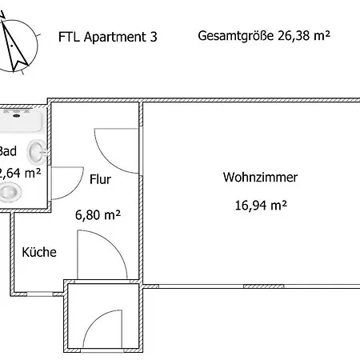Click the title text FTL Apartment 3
click(108, 37)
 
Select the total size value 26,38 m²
click(304, 35)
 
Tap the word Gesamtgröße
click(236, 36)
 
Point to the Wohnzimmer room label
click(260, 178)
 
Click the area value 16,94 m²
click(261, 206)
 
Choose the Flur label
click(100, 179)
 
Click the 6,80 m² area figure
click(98, 214)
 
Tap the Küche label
click(39, 252)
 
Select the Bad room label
click(8, 151)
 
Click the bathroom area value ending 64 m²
click(20, 173)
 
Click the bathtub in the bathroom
click(21, 121)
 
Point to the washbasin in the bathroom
click(36, 152)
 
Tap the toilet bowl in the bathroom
click(10, 191)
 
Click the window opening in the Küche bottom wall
click(40, 294)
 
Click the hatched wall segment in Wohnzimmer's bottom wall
click(263, 286)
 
